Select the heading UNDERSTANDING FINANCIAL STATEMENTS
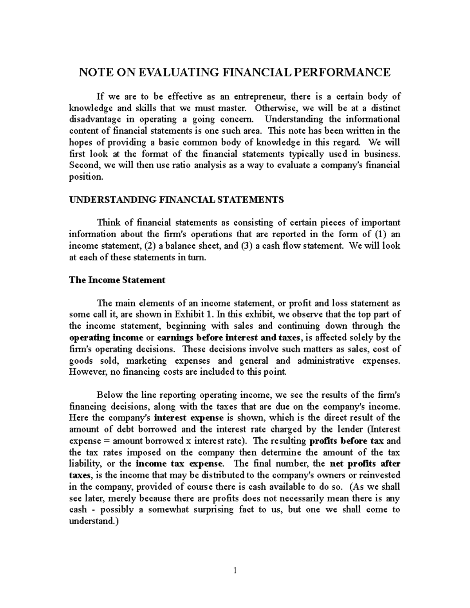pos(176,200)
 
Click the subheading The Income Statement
pos(117,280)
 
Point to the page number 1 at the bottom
pos(235,570)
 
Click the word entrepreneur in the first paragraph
pos(260,96)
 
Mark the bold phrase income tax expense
pos(180,464)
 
